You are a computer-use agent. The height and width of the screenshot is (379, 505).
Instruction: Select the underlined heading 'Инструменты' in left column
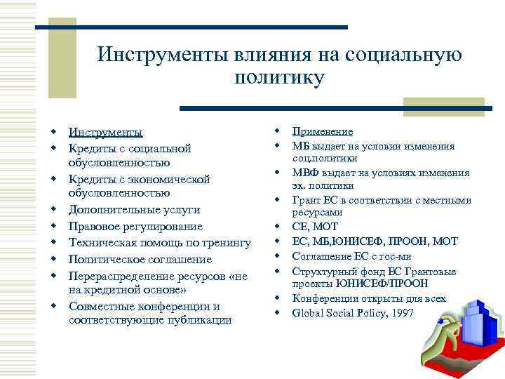(x=105, y=133)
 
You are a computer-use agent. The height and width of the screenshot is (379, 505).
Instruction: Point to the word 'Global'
(x=309, y=313)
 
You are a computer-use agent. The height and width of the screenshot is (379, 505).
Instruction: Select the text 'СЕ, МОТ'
(x=315, y=227)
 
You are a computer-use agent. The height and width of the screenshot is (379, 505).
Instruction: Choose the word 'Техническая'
(x=99, y=243)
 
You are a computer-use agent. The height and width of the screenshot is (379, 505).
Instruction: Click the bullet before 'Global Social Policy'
(x=278, y=313)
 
